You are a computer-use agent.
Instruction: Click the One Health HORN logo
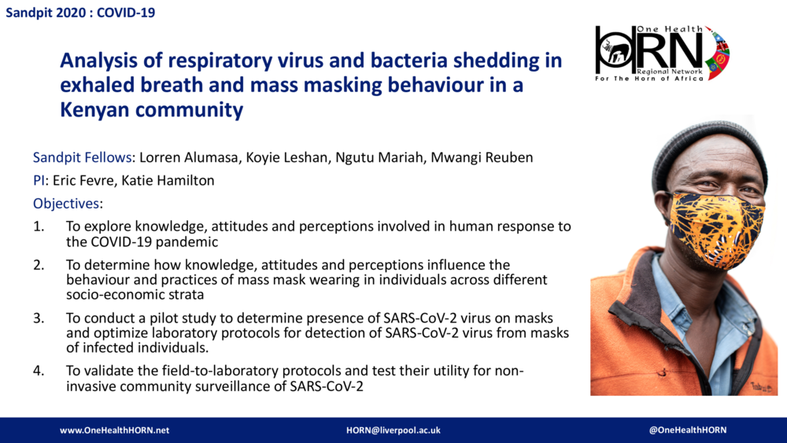click(662, 54)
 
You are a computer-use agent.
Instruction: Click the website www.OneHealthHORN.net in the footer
click(115, 430)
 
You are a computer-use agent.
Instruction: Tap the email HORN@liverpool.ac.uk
click(393, 430)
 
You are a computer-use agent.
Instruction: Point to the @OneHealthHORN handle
click(688, 430)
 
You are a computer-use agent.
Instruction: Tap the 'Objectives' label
click(67, 204)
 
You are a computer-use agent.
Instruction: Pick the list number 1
click(39, 227)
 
